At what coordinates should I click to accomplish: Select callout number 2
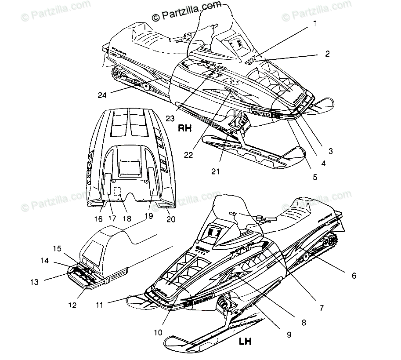(327, 54)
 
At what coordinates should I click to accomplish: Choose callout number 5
(314, 178)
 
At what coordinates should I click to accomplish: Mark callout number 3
(330, 151)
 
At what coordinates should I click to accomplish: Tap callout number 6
(354, 276)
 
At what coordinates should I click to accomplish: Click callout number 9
(289, 335)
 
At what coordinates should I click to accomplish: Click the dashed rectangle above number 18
(117, 192)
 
